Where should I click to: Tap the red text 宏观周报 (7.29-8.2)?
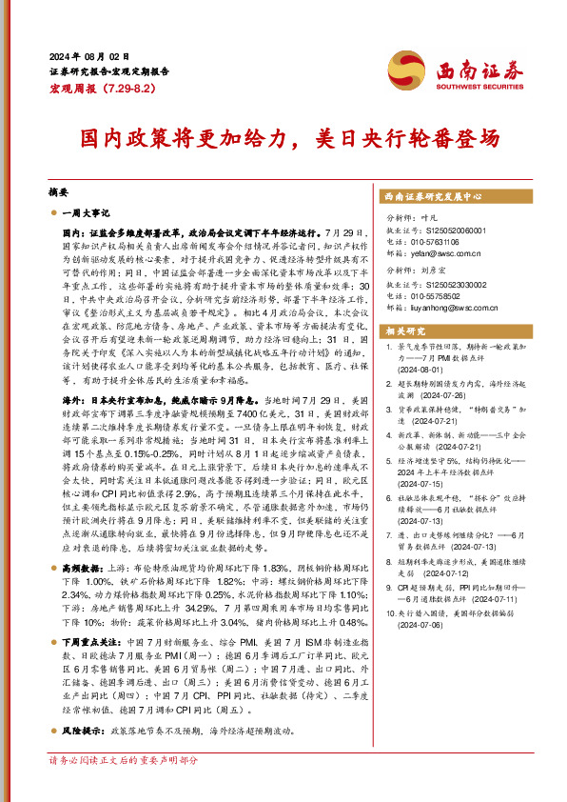click(x=93, y=88)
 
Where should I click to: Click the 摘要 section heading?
click(x=59, y=190)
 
